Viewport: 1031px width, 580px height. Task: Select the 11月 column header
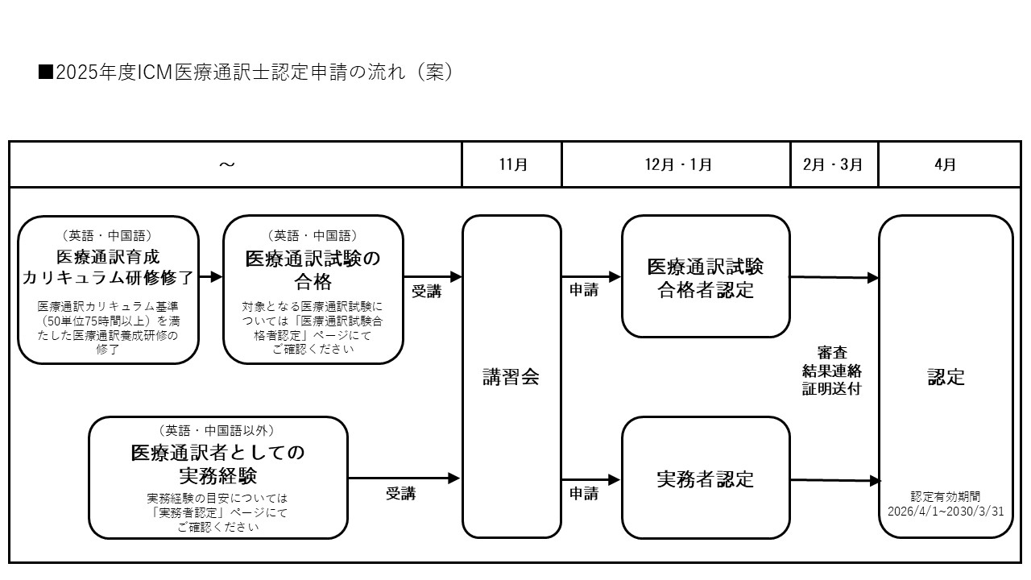click(x=512, y=164)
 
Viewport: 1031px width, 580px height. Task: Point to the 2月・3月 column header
click(x=833, y=164)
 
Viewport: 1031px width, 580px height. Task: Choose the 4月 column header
click(x=946, y=164)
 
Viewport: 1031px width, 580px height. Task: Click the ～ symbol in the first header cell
click(x=227, y=164)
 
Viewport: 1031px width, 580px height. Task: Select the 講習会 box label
click(x=511, y=377)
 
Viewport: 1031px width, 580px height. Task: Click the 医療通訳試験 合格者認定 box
click(x=706, y=278)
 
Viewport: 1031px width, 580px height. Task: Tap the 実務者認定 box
click(x=706, y=478)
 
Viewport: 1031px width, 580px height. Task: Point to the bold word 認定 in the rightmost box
click(x=946, y=377)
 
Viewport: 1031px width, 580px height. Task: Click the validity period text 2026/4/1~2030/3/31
click(x=946, y=511)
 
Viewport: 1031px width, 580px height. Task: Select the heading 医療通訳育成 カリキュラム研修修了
click(x=108, y=268)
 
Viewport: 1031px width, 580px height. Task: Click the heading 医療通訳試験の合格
click(x=313, y=271)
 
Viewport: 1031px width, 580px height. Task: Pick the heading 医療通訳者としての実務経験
click(x=218, y=463)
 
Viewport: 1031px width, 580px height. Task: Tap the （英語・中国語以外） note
click(x=218, y=431)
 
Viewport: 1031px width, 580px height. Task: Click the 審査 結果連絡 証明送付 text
click(x=833, y=371)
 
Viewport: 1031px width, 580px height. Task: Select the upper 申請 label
click(x=584, y=291)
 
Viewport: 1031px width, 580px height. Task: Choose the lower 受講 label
click(x=400, y=494)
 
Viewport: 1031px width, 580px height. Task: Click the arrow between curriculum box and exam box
click(x=211, y=276)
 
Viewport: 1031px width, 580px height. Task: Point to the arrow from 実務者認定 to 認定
click(x=834, y=481)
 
